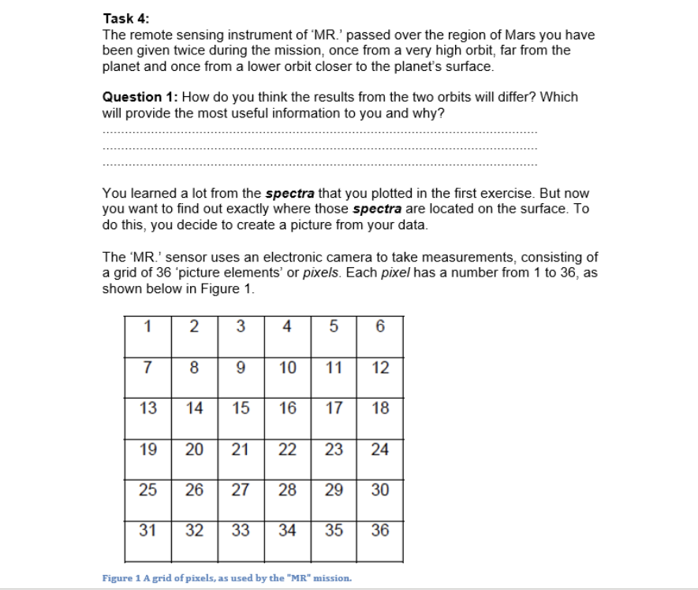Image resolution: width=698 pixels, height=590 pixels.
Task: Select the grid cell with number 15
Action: (241, 408)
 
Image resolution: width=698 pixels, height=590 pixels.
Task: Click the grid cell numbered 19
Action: (147, 450)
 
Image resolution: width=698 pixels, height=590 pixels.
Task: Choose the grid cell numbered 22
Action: (287, 450)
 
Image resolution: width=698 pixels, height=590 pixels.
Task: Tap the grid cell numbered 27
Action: (241, 490)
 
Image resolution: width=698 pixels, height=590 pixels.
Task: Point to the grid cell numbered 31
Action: (147, 531)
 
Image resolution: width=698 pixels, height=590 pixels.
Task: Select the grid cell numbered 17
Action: (334, 408)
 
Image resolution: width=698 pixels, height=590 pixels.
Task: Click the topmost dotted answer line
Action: (319, 132)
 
